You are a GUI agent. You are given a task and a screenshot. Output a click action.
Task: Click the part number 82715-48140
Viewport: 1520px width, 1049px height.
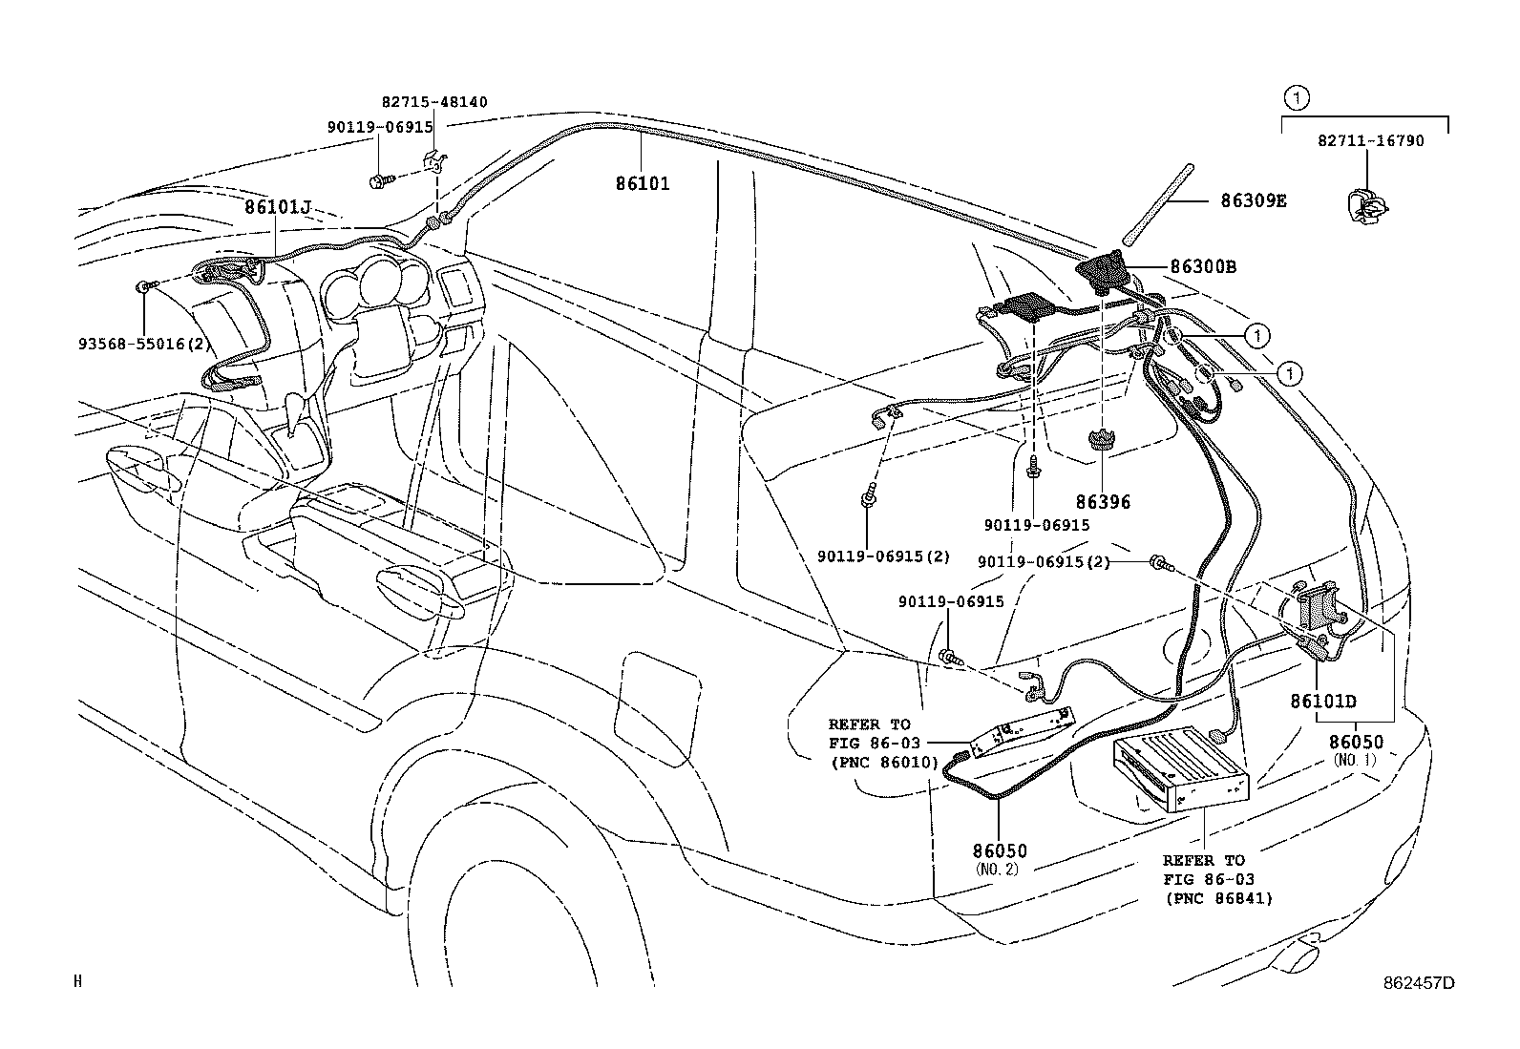[434, 102]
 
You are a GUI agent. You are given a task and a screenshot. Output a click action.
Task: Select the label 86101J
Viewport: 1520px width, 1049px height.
[278, 207]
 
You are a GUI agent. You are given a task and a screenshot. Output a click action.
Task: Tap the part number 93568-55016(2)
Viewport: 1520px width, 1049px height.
[140, 344]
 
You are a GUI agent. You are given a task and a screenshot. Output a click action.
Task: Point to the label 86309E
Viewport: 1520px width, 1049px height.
[1254, 200]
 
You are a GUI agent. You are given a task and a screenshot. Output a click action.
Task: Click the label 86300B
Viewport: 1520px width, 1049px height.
[1203, 266]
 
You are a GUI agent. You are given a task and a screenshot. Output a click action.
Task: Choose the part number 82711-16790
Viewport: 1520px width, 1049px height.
[1371, 141]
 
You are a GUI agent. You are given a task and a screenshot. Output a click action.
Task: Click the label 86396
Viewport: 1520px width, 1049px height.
[1104, 502]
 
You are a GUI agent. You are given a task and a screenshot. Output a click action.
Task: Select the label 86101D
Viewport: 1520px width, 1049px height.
[1323, 701]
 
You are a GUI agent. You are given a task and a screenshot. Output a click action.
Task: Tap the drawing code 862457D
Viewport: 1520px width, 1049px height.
[1419, 983]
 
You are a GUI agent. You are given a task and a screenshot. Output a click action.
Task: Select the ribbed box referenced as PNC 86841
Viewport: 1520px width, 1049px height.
[1181, 769]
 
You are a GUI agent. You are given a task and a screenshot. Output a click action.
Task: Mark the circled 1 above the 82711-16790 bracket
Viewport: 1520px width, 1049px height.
[1296, 99]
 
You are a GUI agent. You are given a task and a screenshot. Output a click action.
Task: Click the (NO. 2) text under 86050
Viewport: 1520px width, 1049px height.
[997, 870]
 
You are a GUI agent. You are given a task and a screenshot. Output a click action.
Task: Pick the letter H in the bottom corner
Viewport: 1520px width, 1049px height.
[78, 981]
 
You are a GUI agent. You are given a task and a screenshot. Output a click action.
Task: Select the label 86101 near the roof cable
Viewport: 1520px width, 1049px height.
[643, 184]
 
